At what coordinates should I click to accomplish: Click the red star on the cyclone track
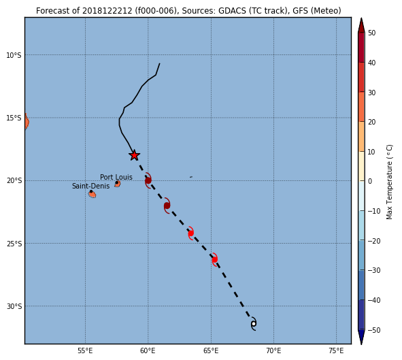click(134, 155)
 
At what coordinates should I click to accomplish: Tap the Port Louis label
click(116, 177)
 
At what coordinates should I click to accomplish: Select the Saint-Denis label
click(90, 186)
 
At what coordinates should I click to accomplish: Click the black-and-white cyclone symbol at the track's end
click(254, 323)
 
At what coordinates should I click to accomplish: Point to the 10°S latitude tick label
click(14, 55)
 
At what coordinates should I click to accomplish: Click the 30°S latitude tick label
click(14, 306)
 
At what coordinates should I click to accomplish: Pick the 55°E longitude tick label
click(85, 350)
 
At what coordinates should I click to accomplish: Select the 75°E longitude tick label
click(336, 350)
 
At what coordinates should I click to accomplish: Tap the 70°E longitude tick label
click(273, 350)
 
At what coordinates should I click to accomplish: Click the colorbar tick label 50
click(372, 33)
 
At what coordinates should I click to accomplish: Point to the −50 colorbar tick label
click(374, 330)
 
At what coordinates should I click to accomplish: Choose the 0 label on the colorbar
click(370, 181)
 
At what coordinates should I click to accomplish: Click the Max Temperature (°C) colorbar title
click(389, 182)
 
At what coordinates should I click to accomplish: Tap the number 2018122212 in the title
click(107, 11)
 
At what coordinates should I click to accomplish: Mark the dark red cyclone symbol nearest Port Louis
click(148, 180)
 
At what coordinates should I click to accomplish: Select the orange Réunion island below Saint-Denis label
click(93, 195)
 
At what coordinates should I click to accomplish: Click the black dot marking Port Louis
click(117, 182)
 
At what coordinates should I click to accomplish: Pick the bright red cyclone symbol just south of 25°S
click(215, 259)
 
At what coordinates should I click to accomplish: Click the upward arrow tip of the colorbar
click(361, 18)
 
